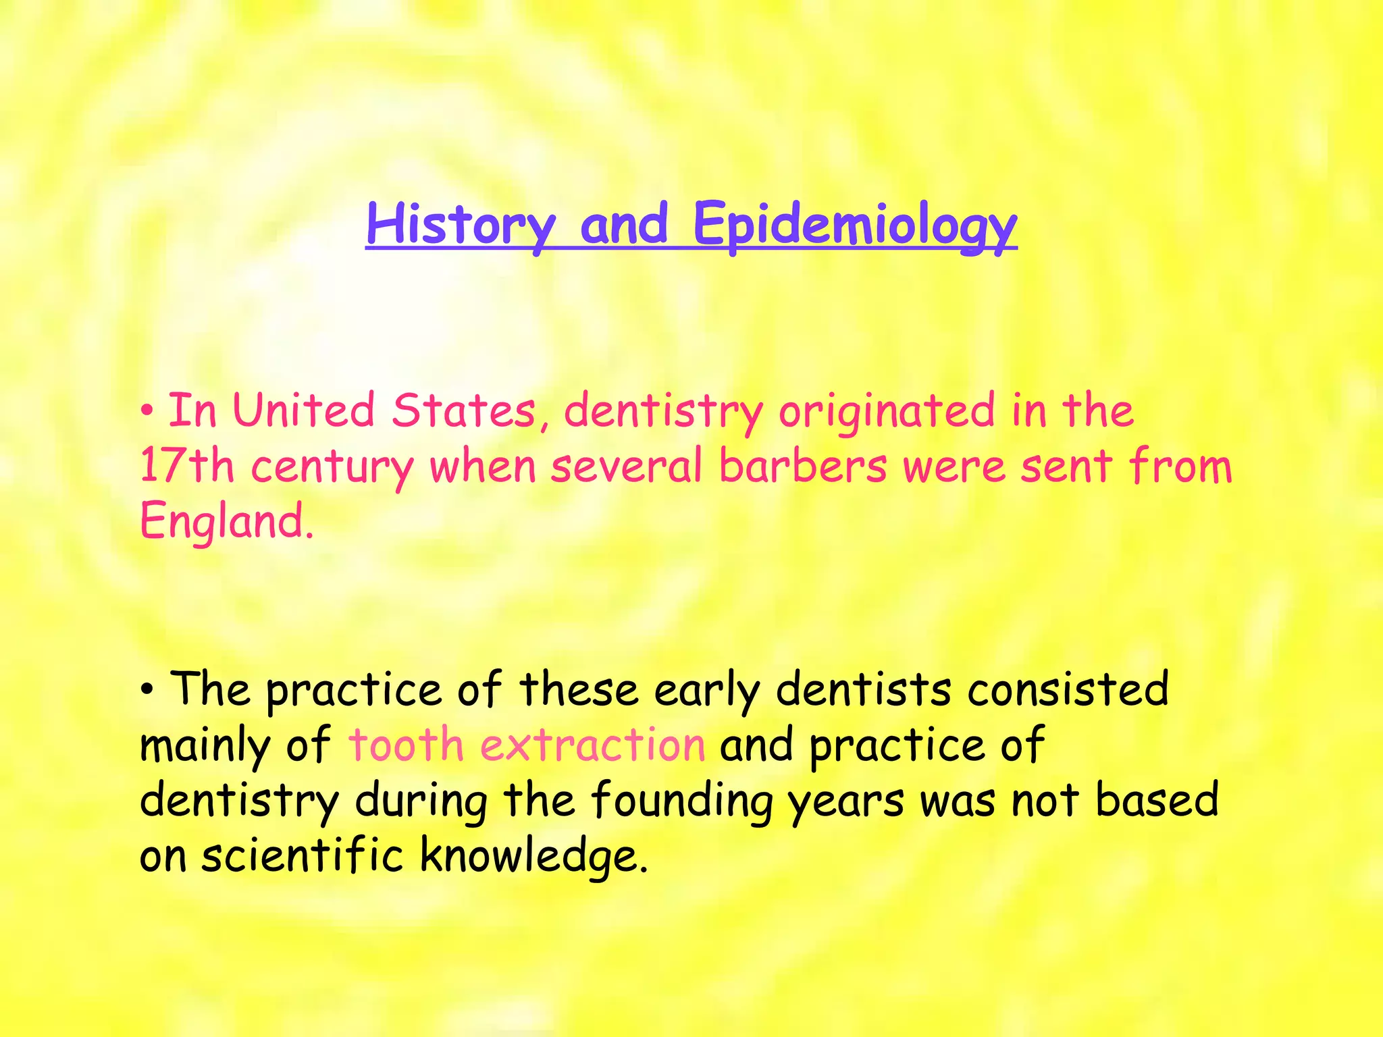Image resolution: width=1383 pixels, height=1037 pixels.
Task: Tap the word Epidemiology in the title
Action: click(x=854, y=225)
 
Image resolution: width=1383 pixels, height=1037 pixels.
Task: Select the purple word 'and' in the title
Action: click(x=624, y=225)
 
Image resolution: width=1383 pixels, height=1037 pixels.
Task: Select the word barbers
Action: click(x=803, y=466)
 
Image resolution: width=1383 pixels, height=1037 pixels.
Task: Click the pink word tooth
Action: click(x=406, y=745)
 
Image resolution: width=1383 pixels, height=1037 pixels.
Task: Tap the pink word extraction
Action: click(x=592, y=745)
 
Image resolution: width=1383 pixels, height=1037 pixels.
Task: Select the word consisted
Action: click(x=1068, y=690)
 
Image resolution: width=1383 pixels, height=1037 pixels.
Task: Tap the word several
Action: click(x=627, y=466)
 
